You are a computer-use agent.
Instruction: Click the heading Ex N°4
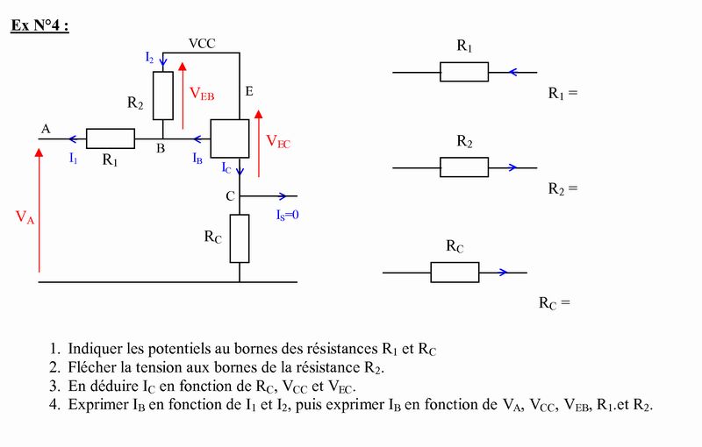point(39,25)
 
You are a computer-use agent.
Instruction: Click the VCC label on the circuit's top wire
point(202,43)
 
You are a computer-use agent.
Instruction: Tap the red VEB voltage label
point(202,94)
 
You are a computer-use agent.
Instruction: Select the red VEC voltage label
point(278,142)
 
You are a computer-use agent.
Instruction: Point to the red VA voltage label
point(25,217)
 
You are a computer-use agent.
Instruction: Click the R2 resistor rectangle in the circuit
point(163,96)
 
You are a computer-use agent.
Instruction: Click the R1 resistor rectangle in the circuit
point(111,138)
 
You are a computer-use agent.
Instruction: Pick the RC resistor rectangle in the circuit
point(240,238)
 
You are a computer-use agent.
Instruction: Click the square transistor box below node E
point(230,138)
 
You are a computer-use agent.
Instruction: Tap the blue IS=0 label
point(288,216)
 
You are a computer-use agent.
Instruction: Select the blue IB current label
point(197,159)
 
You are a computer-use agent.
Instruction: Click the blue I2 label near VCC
point(149,58)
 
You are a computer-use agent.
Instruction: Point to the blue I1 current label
point(74,159)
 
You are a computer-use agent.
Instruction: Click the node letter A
point(46,129)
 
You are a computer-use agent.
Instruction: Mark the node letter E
point(249,92)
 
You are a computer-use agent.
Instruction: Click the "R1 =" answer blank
point(563,94)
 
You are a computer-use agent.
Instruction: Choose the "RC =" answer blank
point(555,303)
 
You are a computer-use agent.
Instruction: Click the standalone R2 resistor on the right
point(464,167)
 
